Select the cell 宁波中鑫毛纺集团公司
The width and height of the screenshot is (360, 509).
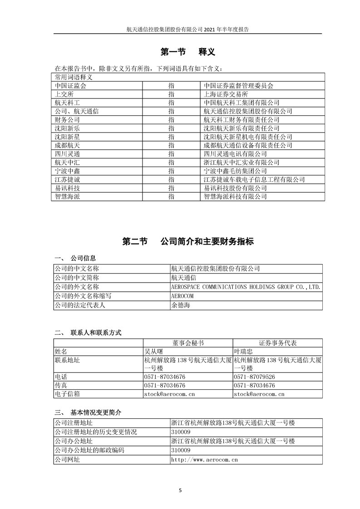[235, 171]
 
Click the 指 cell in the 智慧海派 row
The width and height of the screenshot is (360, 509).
[171, 197]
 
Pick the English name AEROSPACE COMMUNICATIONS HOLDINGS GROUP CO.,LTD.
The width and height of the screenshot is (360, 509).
[246, 287]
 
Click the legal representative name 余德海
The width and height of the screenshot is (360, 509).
[181, 305]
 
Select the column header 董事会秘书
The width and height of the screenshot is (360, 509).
[188, 343]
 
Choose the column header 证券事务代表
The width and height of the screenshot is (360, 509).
[278, 343]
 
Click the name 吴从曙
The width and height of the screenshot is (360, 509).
[153, 352]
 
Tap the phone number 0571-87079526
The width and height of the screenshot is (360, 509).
[254, 377]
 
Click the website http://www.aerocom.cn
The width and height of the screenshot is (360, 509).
[204, 460]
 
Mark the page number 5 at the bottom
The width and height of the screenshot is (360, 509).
[180, 491]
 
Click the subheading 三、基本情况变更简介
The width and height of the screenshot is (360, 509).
[88, 412]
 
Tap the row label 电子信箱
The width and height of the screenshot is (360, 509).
[67, 394]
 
